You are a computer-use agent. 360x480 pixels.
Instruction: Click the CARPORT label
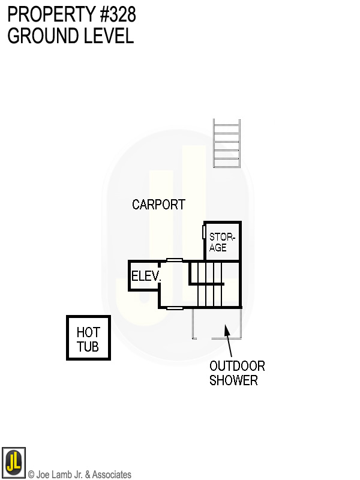[x=158, y=205]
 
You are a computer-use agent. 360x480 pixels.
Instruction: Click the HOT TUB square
[x=88, y=338]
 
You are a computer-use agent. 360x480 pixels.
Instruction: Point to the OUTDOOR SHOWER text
[x=236, y=373]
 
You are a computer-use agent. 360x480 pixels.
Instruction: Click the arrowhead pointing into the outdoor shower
[x=226, y=328]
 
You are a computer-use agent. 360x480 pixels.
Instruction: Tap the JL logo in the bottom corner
[x=13, y=463]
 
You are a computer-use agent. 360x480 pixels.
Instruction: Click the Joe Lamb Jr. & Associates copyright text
[x=80, y=475]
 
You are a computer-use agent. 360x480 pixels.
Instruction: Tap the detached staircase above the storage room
[x=227, y=143]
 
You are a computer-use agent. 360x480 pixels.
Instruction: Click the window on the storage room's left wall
[x=204, y=233]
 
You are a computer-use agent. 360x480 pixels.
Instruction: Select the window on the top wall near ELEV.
[x=175, y=260]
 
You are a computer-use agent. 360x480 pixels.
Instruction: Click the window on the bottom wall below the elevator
[x=175, y=308]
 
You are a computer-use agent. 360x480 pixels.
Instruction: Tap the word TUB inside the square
[x=88, y=347]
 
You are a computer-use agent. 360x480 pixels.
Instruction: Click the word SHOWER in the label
[x=233, y=380]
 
